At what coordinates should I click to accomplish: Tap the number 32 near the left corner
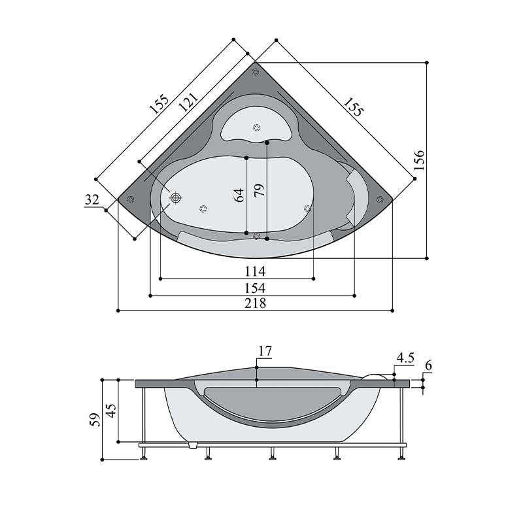coord(92,200)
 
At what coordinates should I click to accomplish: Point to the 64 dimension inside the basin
coord(239,194)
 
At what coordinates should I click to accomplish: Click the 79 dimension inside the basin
coord(260,190)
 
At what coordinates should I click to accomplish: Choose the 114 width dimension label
coord(255,271)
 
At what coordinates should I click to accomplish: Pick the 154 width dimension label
coord(255,288)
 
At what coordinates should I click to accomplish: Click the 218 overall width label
coord(255,303)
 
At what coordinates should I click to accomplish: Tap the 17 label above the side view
coord(264,352)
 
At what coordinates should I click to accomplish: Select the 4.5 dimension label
coord(405,358)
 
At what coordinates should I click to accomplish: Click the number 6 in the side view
coord(428,365)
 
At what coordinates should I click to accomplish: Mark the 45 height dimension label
coord(111,411)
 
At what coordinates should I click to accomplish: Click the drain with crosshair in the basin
coord(175,197)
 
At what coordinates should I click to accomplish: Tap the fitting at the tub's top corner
coord(256,71)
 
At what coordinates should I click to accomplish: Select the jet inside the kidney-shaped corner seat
coord(256,128)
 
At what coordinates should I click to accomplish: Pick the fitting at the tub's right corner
coord(380,199)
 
